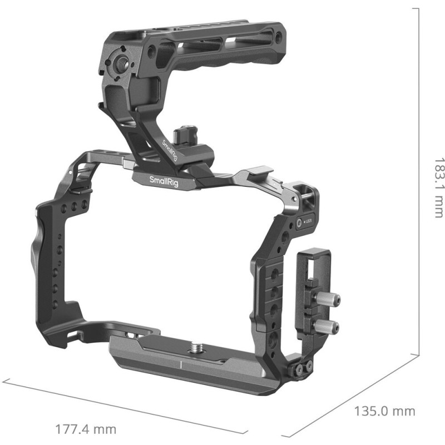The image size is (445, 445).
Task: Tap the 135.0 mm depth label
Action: [x=384, y=412]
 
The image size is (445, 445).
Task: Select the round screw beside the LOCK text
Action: [x=299, y=222]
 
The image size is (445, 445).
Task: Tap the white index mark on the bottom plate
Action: [x=181, y=364]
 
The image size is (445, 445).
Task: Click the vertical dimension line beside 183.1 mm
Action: [x=417, y=178]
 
